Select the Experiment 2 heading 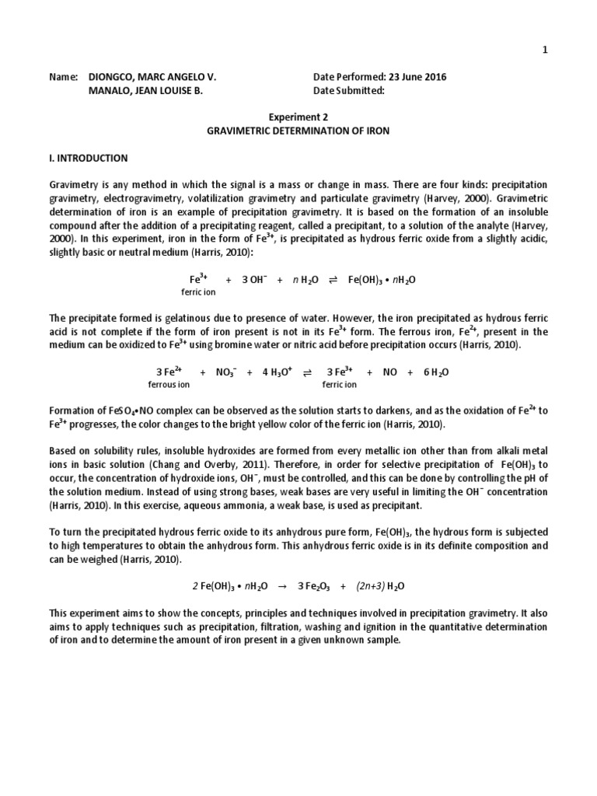tap(298, 117)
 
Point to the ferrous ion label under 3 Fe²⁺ tap(169, 384)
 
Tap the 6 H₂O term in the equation tap(436, 372)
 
